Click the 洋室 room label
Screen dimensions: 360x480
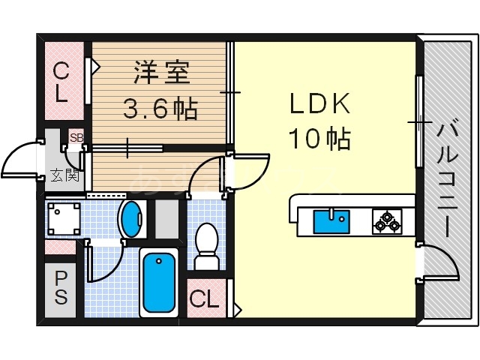coord(162,74)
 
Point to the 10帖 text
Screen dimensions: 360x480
coord(319,137)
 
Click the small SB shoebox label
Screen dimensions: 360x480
coord(76,137)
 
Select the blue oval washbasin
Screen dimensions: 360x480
coord(131,219)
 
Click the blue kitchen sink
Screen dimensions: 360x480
coord(331,222)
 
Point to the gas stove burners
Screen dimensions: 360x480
coord(387,221)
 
